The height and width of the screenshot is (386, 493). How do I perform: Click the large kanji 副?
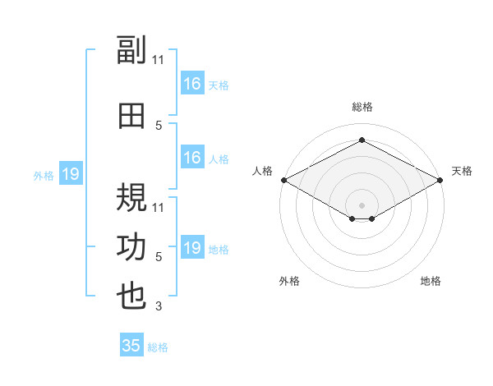click(131, 49)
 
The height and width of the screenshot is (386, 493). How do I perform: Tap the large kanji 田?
click(131, 116)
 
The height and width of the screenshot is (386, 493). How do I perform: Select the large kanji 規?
click(131, 197)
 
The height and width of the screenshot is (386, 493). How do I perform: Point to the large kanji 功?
click(131, 247)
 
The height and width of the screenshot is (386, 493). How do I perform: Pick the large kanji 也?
click(131, 296)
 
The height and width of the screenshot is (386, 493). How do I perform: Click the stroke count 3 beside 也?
click(159, 306)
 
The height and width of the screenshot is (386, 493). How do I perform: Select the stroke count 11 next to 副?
click(158, 60)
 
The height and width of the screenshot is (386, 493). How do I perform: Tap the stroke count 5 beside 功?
click(159, 256)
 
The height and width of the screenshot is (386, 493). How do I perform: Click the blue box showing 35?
click(131, 344)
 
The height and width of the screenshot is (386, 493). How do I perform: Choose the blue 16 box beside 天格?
click(193, 83)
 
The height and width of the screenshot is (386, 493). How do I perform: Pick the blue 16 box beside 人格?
click(193, 157)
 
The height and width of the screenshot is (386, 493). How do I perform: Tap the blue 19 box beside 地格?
click(193, 246)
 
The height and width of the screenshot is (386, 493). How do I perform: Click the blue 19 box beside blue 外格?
click(71, 173)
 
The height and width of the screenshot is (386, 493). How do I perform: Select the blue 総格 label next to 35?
click(158, 347)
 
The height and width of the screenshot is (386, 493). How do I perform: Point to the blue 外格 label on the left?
click(44, 176)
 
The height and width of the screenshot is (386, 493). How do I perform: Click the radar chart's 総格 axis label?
click(362, 107)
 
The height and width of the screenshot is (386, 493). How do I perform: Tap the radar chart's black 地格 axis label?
click(431, 281)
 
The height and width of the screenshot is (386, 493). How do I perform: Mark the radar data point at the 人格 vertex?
click(284, 180)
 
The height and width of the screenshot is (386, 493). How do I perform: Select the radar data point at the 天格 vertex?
click(440, 180)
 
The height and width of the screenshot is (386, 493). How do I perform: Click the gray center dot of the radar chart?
click(362, 205)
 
